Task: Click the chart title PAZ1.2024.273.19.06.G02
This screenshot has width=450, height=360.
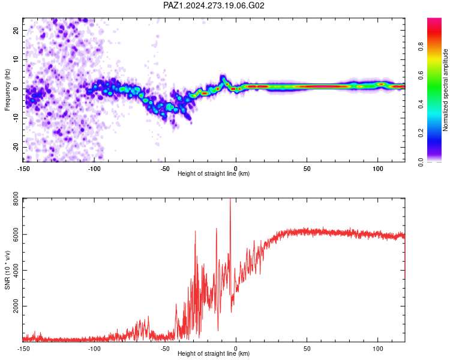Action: coord(214,5)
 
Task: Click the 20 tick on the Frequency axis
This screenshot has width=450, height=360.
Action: coord(16,30)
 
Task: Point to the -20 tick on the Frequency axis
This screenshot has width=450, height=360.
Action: coord(16,147)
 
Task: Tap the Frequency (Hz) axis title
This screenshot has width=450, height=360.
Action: coord(7,90)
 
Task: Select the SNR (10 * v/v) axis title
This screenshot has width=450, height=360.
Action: coord(7,270)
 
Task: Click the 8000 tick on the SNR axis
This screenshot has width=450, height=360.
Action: coord(16,199)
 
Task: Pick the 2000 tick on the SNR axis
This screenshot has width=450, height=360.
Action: coord(16,306)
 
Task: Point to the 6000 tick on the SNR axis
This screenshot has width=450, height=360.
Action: coord(16,234)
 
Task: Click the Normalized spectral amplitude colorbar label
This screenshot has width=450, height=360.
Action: coord(445,90)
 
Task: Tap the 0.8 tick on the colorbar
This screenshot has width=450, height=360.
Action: coord(421,46)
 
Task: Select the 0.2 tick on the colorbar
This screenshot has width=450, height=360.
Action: coord(421,133)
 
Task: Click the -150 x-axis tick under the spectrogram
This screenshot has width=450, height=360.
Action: coord(23,169)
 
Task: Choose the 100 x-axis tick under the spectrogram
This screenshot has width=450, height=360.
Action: coord(378,169)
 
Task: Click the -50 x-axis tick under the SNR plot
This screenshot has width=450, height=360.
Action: coord(165,349)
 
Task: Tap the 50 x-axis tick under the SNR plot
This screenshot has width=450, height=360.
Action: coord(307,349)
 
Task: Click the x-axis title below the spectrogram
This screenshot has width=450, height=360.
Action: coord(214,173)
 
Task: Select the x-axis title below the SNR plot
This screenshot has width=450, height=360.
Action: coord(214,353)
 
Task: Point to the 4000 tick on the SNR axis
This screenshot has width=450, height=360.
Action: coord(16,270)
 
